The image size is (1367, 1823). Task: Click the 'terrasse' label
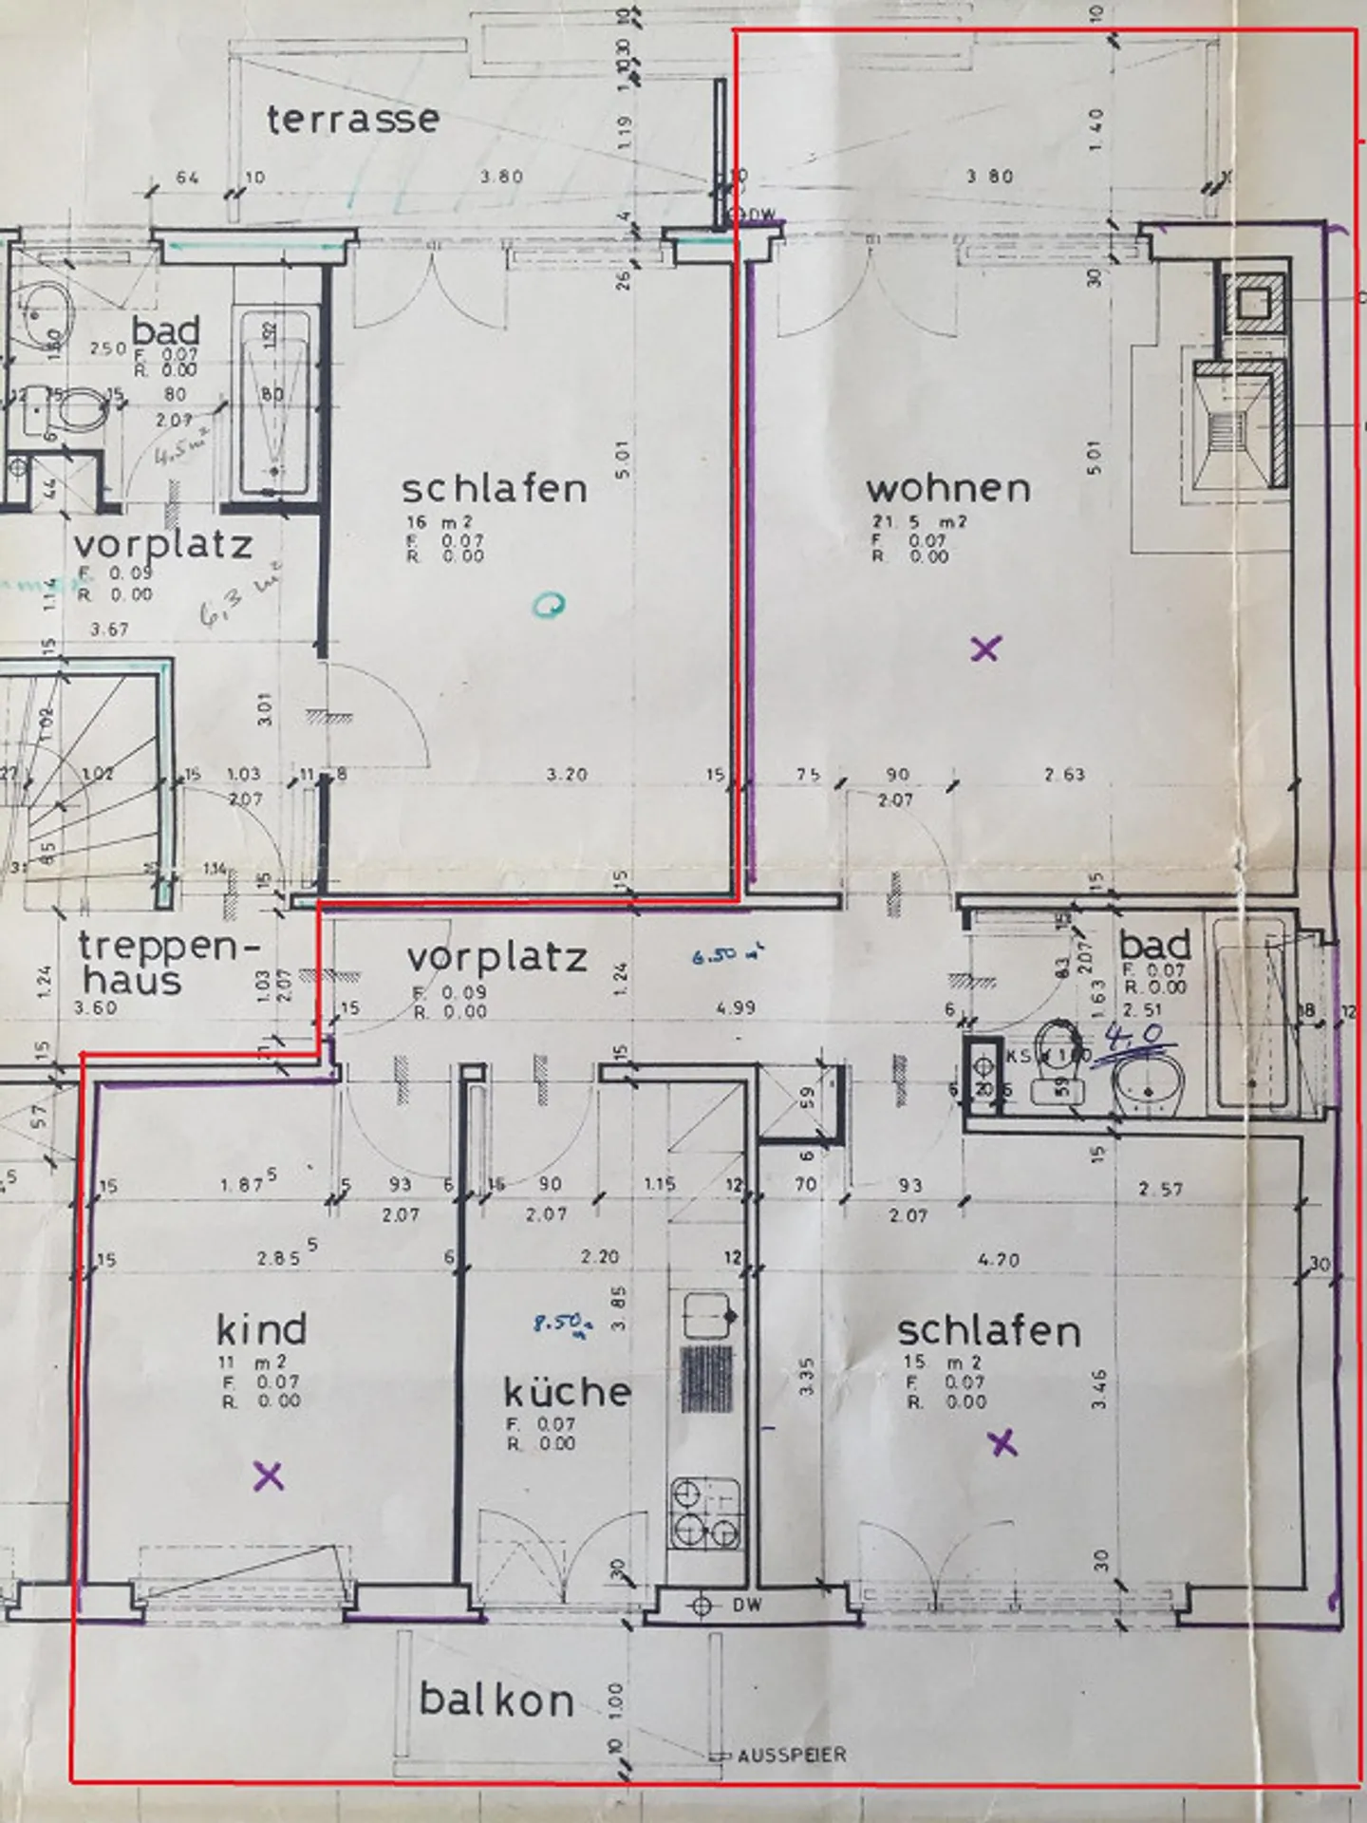tap(352, 120)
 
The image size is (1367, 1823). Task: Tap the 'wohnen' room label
tap(947, 489)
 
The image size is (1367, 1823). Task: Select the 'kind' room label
tap(261, 1330)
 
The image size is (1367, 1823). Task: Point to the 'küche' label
tap(567, 1392)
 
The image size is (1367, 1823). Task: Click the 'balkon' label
tap(496, 1700)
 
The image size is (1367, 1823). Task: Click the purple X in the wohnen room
tap(986, 649)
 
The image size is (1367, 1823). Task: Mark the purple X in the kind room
tap(269, 1475)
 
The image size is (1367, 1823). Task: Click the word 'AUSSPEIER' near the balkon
tap(791, 1756)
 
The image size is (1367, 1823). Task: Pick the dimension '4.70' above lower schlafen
tap(997, 1260)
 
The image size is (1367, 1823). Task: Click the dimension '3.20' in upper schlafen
tap(567, 775)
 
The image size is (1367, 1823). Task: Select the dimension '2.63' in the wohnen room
tap(1063, 775)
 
